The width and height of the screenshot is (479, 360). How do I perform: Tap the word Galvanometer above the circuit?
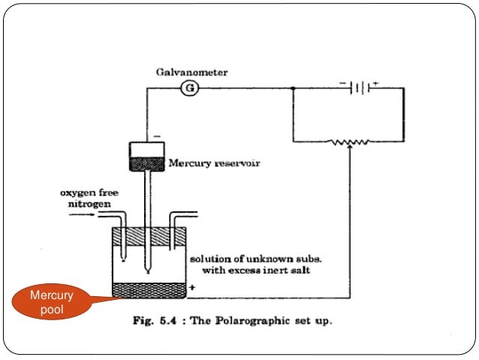(191, 72)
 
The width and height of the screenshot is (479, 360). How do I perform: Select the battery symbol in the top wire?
(360, 88)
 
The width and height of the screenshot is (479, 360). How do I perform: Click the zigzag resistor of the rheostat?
(350, 141)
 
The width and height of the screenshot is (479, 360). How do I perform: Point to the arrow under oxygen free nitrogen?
(82, 215)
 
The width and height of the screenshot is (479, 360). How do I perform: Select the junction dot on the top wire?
(292, 88)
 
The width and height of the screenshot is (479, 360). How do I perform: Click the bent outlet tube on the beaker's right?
(177, 225)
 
